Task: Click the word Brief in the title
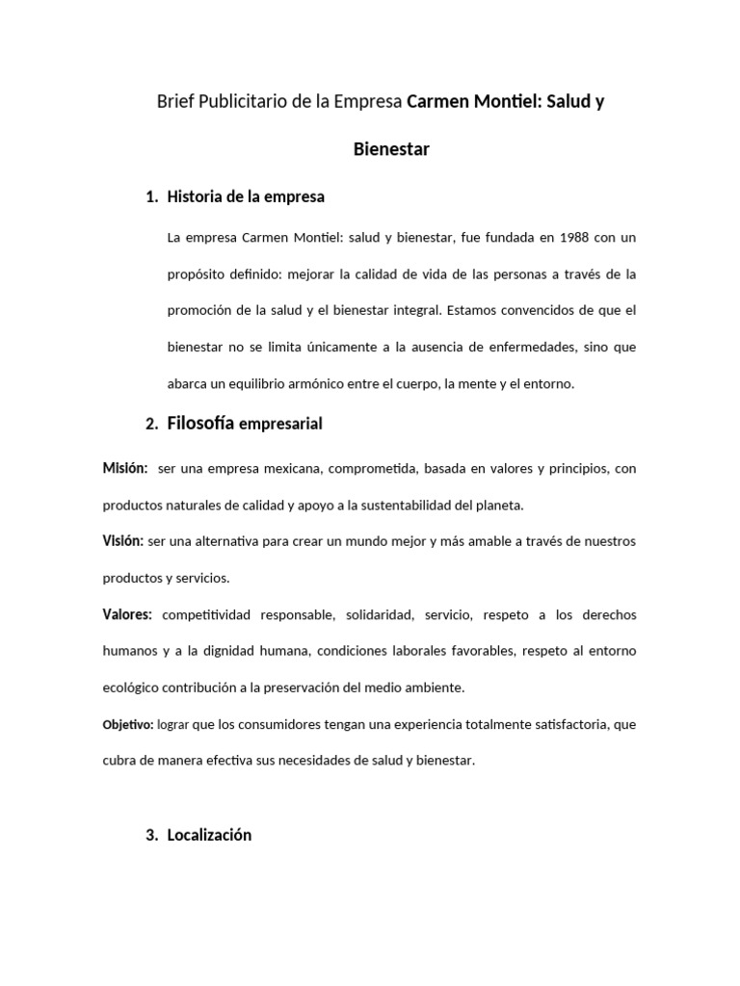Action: pyautogui.click(x=175, y=101)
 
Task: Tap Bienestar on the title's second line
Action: pyautogui.click(x=391, y=149)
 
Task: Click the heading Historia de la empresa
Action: pyautogui.click(x=246, y=196)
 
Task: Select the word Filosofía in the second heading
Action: pyautogui.click(x=200, y=423)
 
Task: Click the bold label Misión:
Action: pyautogui.click(x=125, y=468)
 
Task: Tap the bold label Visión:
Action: pyautogui.click(x=123, y=541)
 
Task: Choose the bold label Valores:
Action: pyautogui.click(x=127, y=614)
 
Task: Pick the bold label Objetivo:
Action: pyautogui.click(x=128, y=724)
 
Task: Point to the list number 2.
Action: pyautogui.click(x=151, y=424)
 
